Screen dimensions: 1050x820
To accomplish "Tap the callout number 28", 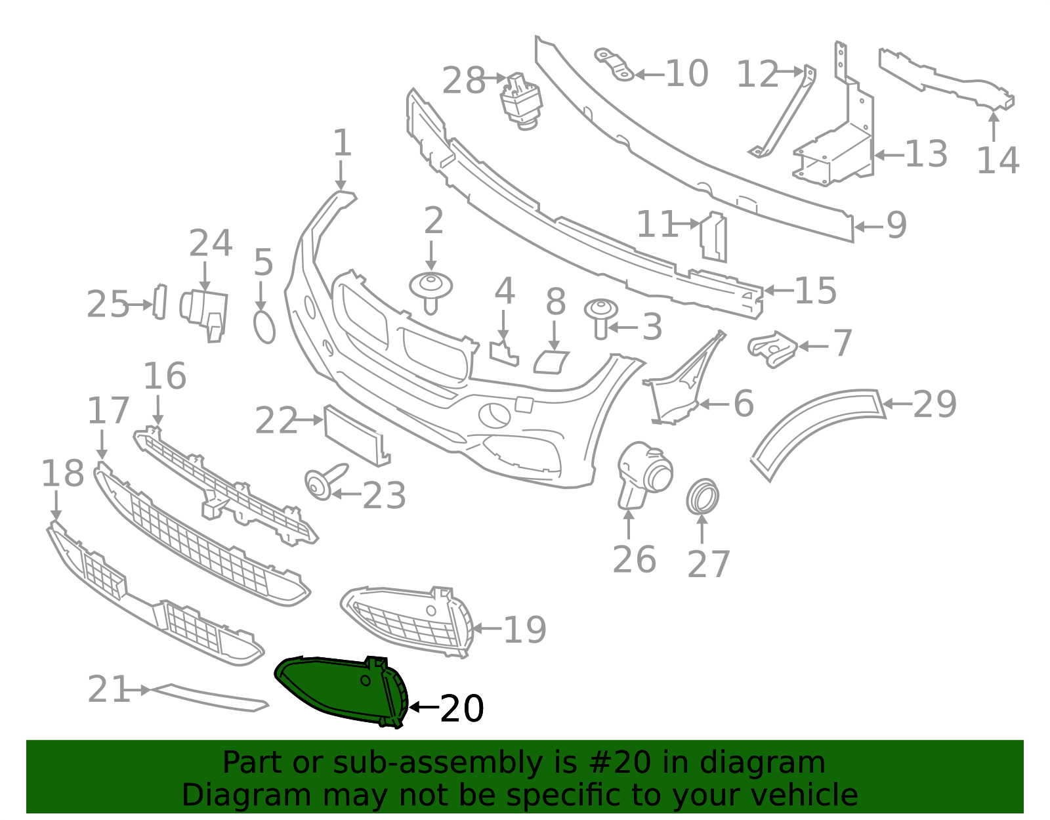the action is (x=463, y=80).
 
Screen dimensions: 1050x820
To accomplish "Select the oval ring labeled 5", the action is (x=264, y=327).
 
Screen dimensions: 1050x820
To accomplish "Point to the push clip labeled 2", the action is (x=430, y=291).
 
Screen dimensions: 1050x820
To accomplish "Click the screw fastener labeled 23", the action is (x=325, y=481).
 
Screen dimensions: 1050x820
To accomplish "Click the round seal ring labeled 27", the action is (x=702, y=497).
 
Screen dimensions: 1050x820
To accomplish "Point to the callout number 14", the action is (x=997, y=160).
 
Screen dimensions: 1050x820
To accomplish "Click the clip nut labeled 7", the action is (x=772, y=349).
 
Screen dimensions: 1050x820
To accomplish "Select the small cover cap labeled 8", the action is (x=551, y=362).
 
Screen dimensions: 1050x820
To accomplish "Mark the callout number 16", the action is (x=165, y=376).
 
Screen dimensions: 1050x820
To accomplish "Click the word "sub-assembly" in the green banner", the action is (x=397, y=763).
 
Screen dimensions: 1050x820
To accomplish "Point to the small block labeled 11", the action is (x=713, y=237).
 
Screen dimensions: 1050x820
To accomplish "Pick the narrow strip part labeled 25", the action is (x=160, y=302).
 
